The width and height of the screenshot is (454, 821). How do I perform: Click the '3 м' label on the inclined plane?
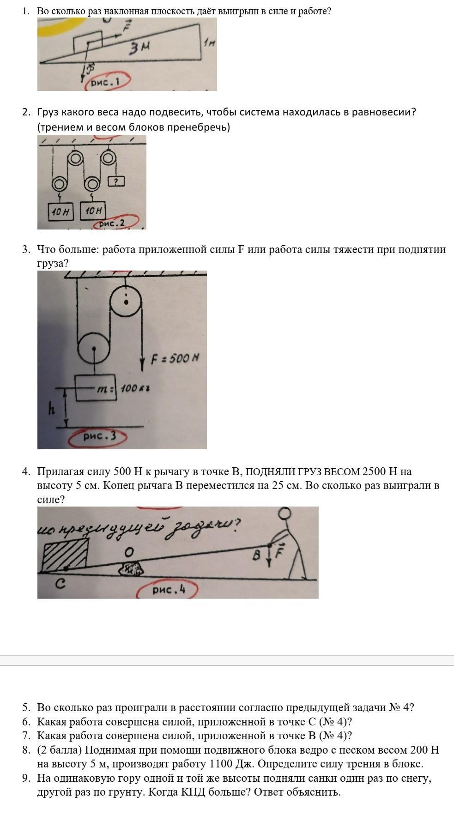coord(139,47)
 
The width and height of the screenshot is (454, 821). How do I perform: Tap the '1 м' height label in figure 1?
coord(209,43)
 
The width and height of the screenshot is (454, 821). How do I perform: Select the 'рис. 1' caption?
coord(106,83)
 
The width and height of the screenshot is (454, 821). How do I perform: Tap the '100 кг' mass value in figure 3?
coord(135,388)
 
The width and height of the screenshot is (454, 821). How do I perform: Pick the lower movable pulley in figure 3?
coord(94,350)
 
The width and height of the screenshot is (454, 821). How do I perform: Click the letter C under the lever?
coord(61,584)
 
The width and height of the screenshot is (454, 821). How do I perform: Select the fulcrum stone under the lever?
coord(132,569)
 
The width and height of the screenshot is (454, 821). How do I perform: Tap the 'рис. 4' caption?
coord(169,590)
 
